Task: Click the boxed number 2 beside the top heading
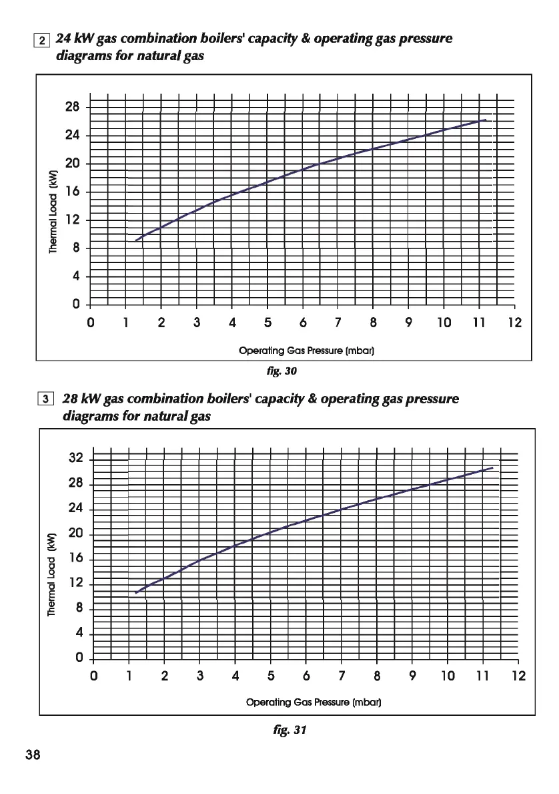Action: click(42, 40)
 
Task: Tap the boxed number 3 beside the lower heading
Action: click(45, 401)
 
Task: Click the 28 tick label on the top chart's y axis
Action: click(73, 108)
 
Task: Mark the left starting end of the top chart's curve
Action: click(135, 240)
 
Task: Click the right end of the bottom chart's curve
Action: click(492, 467)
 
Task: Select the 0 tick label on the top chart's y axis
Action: click(76, 305)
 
